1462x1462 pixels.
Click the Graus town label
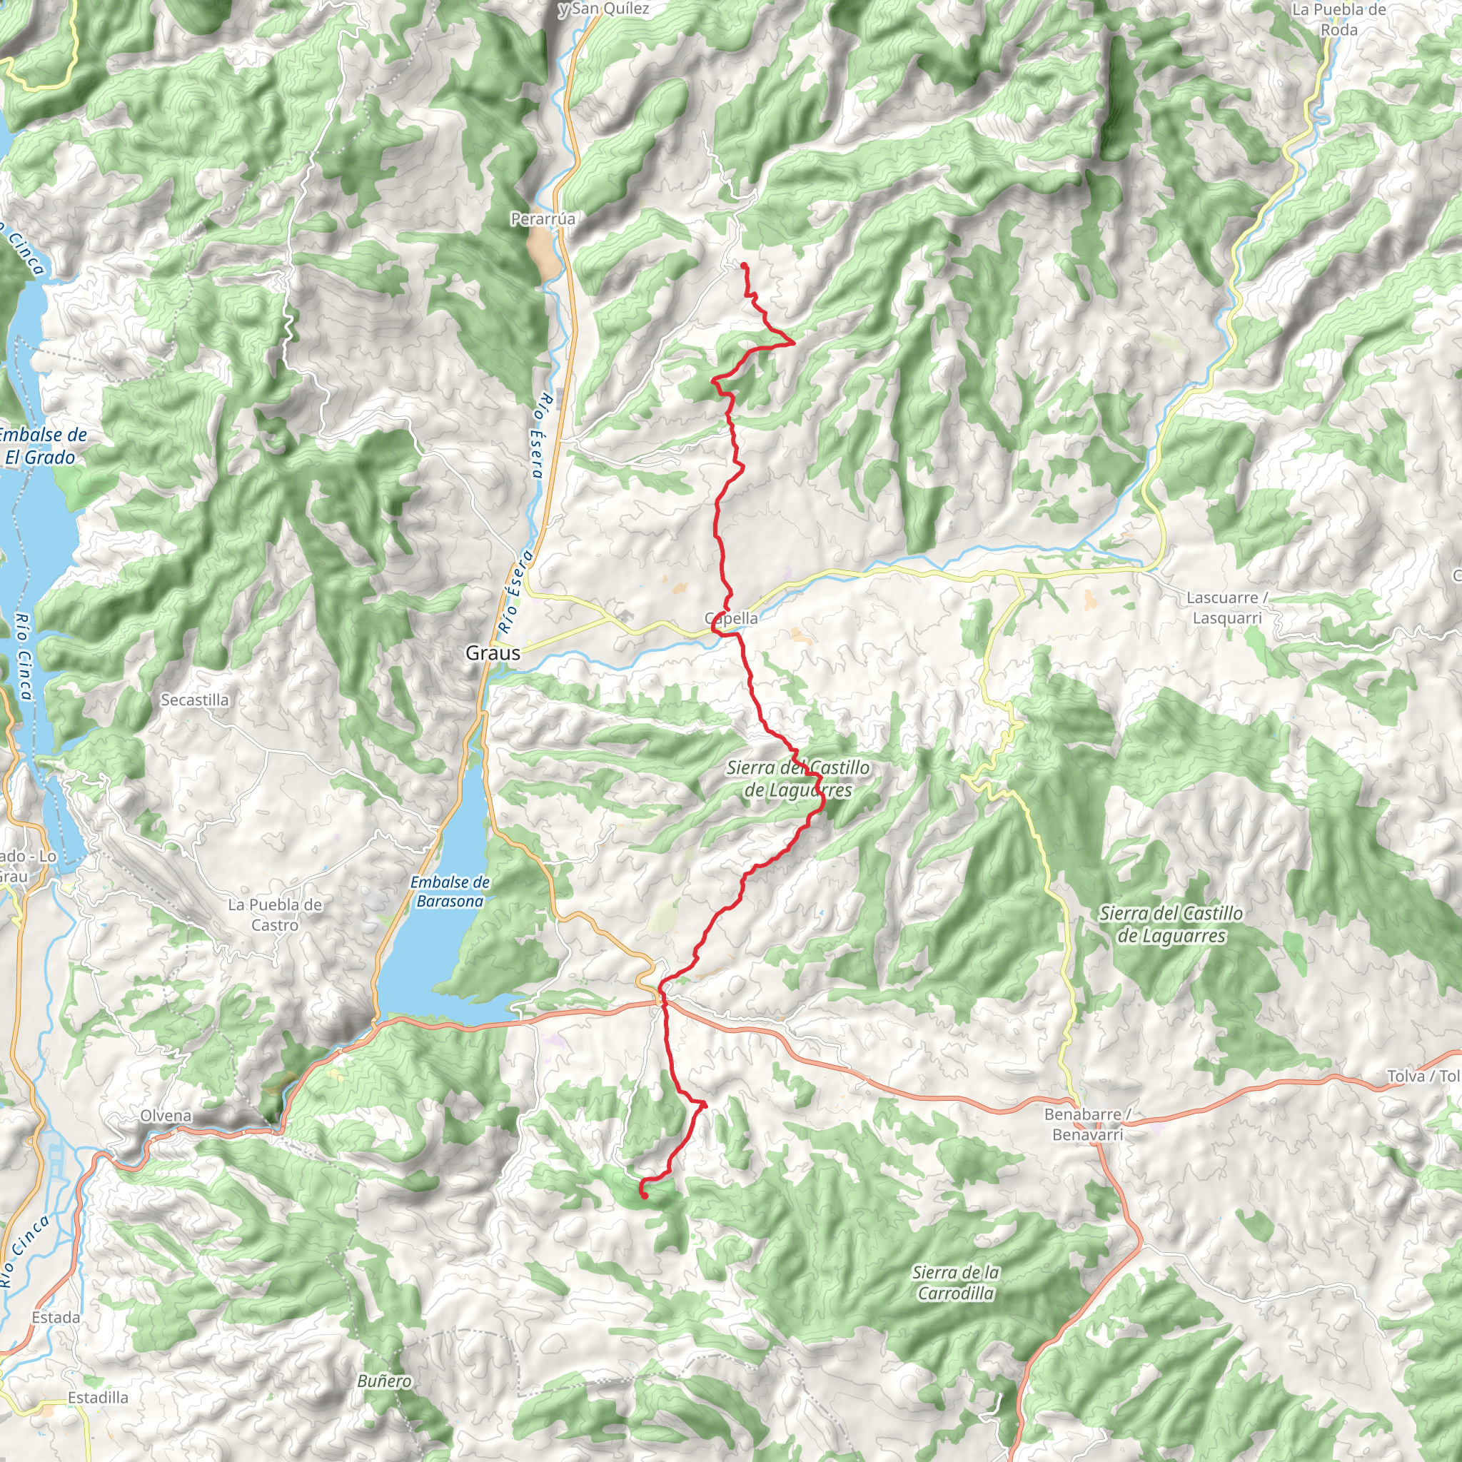click(x=493, y=652)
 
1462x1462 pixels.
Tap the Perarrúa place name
click(x=543, y=218)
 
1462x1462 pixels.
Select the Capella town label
click(x=731, y=618)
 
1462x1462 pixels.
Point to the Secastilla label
click(x=194, y=700)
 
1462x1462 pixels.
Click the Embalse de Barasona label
click(x=450, y=892)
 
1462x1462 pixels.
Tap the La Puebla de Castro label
click(x=275, y=915)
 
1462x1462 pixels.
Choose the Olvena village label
click(x=166, y=1116)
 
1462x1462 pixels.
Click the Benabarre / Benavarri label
click(x=1087, y=1124)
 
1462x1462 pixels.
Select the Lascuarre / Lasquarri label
click(x=1226, y=608)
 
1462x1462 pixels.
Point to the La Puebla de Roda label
click(x=1339, y=20)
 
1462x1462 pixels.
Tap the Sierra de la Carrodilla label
click(x=956, y=1283)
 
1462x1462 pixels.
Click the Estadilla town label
click(x=98, y=1398)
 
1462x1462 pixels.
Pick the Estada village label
click(x=56, y=1318)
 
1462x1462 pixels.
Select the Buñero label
click(x=385, y=1381)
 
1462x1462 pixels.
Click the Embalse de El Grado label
click(x=41, y=445)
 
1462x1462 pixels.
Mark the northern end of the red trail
click(x=743, y=264)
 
